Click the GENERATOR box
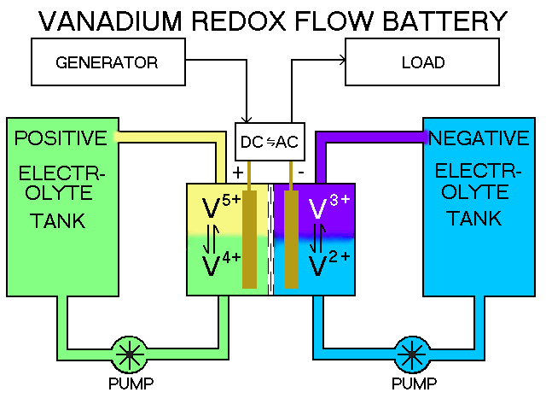[107, 62]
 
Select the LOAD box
[422, 62]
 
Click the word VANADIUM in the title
[123, 20]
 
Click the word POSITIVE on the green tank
[61, 138]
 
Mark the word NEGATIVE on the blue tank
[479, 138]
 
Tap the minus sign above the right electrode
[300, 172]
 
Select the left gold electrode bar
[249, 239]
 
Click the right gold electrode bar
[291, 239]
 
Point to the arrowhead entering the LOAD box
[345, 60]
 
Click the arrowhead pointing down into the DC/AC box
[248, 120]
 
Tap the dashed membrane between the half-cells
[270, 239]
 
